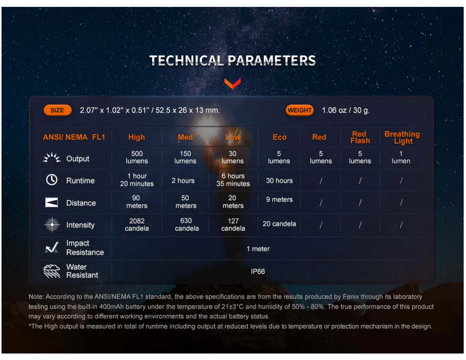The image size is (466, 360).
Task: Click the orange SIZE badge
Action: point(58,110)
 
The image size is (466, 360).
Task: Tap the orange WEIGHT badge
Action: point(299,110)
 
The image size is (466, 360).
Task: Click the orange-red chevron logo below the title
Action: point(233,83)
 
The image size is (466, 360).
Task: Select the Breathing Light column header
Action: point(402,137)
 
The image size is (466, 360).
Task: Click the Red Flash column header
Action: point(360,137)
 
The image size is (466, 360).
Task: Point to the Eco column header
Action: point(280,137)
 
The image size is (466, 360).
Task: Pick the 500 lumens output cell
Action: point(137,157)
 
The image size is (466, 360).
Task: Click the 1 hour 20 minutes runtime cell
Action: point(137,180)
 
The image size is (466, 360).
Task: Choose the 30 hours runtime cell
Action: point(280,180)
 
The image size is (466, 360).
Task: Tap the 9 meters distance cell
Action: point(280,199)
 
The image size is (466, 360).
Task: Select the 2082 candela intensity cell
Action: point(137,225)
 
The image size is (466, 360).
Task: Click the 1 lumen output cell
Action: point(401,157)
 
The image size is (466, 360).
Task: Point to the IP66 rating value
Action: point(258,272)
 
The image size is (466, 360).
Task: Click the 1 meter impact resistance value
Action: point(258,249)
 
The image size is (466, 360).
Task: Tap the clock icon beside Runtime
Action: point(52,180)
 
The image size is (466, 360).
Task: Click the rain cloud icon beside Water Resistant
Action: point(52,271)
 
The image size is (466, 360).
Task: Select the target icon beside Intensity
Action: point(52,225)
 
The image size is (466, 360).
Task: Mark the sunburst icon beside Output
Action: point(52,157)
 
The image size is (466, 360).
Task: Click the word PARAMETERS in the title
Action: point(272,61)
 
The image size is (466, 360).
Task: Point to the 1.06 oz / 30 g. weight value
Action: point(346,110)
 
